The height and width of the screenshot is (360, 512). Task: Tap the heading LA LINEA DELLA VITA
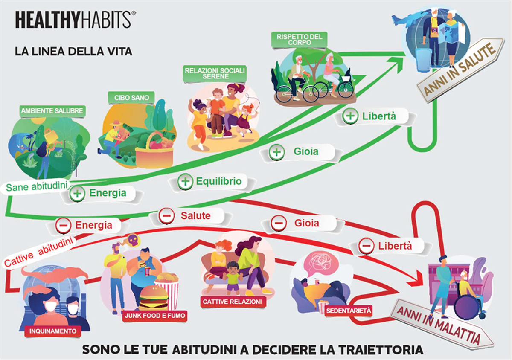pos(73,52)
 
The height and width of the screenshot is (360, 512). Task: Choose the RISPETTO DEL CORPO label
pos(297,40)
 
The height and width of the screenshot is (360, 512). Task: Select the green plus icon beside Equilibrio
pos(185,182)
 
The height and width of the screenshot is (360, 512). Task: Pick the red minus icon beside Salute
pos(166,216)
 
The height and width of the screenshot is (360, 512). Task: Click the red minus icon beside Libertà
pos(366,246)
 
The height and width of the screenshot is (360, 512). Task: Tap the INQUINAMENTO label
pos(53,331)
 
